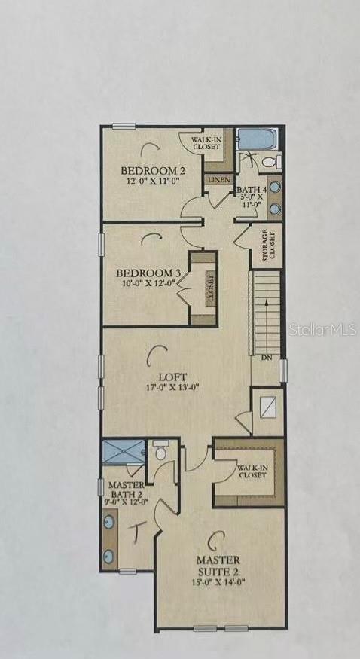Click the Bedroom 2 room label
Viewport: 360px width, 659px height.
pos(153,171)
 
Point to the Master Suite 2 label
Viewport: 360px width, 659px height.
pos(218,566)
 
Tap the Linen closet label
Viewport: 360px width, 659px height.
pos(218,180)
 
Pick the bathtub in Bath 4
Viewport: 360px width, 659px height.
pos(258,139)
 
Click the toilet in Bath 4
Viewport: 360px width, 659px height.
pos(272,161)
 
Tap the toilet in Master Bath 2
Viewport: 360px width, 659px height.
pos(160,452)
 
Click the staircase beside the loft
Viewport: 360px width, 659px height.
pos(265,313)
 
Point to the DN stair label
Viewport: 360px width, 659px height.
pos(266,358)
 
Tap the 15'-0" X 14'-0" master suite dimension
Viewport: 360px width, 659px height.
pos(218,582)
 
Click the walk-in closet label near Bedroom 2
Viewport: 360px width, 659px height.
pos(205,143)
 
